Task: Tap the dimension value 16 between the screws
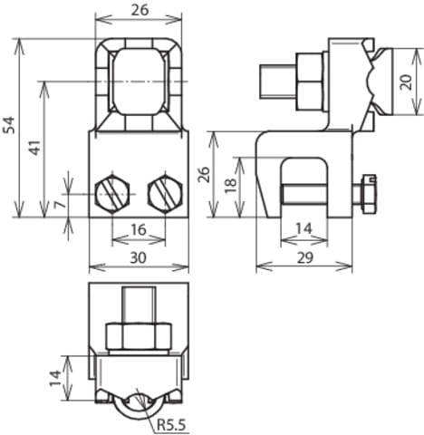click(138, 231)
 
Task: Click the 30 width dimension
click(138, 257)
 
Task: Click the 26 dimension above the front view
click(138, 10)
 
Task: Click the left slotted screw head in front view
click(111, 194)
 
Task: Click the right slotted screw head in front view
click(165, 194)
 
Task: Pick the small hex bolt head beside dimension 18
click(368, 194)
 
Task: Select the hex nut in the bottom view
click(138, 336)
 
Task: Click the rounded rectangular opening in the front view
click(138, 82)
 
